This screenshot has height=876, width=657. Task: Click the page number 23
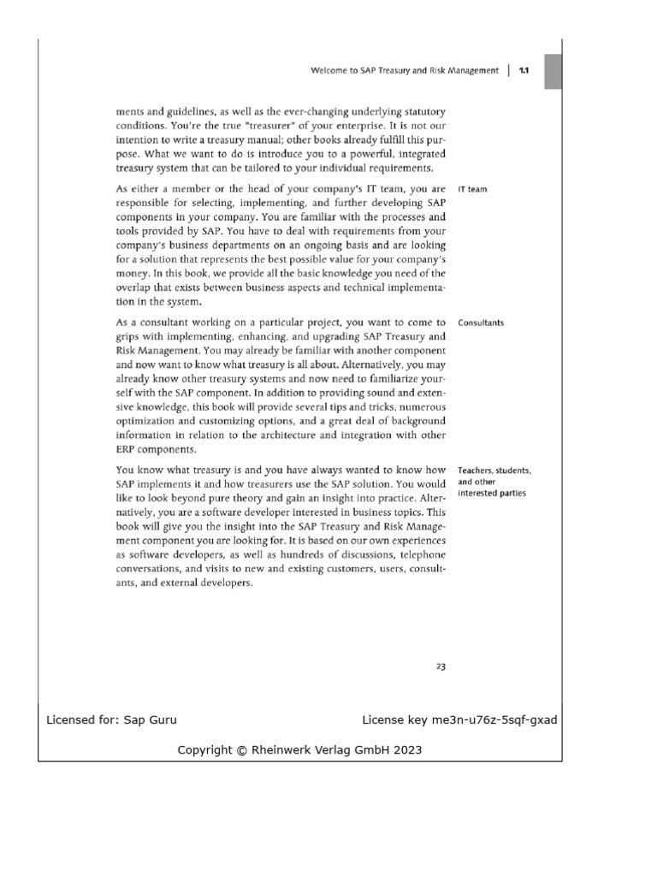[x=441, y=666]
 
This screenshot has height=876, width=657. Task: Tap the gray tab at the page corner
[x=553, y=70]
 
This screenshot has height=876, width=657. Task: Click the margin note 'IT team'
[x=473, y=189]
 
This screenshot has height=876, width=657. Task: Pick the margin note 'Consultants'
[x=482, y=323]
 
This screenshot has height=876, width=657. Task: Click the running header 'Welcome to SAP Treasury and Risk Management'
[x=405, y=72]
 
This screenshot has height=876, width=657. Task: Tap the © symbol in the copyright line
[x=242, y=750]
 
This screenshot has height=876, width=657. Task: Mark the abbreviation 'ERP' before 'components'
[x=127, y=451]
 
